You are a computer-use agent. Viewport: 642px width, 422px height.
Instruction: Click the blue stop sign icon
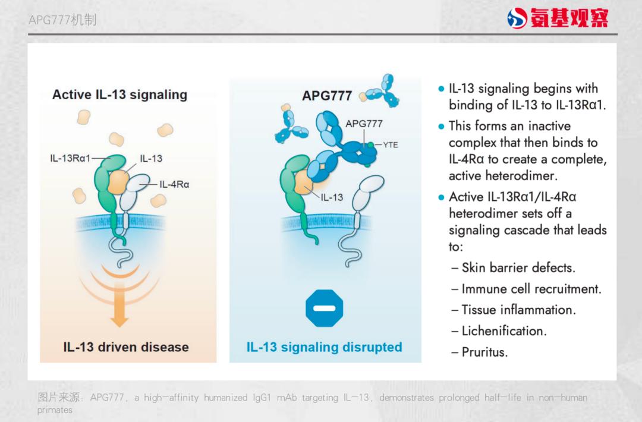(x=325, y=308)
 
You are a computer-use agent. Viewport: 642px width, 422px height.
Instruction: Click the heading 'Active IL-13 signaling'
(x=119, y=95)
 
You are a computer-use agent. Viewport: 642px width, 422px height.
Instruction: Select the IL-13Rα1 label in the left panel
(x=70, y=158)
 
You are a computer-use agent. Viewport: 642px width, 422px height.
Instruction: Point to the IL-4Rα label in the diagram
(x=174, y=184)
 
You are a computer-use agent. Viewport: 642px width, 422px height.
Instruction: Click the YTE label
(x=391, y=144)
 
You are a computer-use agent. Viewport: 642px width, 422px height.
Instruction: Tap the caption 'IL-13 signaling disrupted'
(x=325, y=347)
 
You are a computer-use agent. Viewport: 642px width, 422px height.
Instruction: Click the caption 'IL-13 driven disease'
(x=126, y=347)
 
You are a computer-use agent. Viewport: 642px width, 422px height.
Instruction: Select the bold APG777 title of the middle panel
(x=327, y=96)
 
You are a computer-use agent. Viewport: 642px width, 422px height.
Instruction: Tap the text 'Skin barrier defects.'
(x=518, y=267)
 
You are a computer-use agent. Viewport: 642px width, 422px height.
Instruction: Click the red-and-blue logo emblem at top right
(x=517, y=18)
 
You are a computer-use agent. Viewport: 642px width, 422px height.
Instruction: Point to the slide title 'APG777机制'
(x=62, y=20)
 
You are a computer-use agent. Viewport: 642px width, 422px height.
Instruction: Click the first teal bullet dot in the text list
(x=441, y=89)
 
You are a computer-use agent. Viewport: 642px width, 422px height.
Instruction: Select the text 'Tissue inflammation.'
(x=519, y=310)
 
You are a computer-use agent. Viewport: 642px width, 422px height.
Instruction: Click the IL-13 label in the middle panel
(x=332, y=197)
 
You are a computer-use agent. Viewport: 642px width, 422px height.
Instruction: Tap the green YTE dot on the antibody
(x=370, y=144)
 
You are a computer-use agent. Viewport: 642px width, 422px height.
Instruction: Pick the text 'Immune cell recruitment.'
(x=531, y=289)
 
